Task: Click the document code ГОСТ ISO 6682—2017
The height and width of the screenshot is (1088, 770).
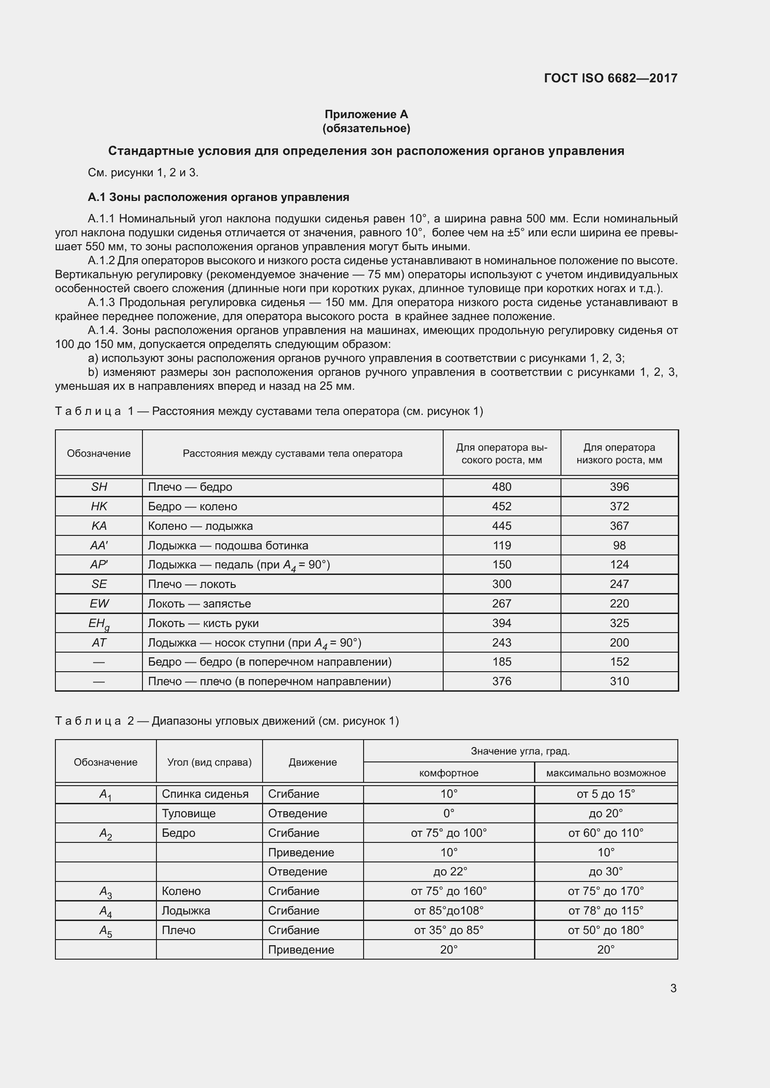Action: (x=610, y=78)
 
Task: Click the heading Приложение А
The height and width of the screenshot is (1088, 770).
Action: (x=366, y=114)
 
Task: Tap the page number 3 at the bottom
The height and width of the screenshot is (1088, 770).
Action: (x=673, y=988)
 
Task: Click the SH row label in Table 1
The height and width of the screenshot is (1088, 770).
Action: (x=99, y=487)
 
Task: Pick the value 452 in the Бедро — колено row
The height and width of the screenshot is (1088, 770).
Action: (x=502, y=507)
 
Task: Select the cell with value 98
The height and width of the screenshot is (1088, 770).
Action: (x=619, y=546)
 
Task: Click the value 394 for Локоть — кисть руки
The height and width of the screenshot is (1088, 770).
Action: (x=502, y=623)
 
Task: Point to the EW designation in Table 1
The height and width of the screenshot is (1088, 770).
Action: (x=99, y=604)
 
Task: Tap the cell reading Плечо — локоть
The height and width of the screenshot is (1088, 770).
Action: (x=192, y=584)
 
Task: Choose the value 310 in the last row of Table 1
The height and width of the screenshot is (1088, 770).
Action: (x=619, y=681)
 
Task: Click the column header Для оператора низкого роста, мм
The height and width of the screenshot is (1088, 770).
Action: (x=619, y=454)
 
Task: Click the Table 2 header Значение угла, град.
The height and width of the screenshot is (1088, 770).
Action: (x=520, y=751)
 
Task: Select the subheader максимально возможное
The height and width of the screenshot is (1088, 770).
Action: (x=606, y=774)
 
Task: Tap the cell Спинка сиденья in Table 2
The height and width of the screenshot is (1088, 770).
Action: (x=205, y=794)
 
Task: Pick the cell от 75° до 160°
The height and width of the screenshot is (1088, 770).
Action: (x=448, y=891)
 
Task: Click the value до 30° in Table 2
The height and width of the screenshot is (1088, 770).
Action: (x=606, y=872)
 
